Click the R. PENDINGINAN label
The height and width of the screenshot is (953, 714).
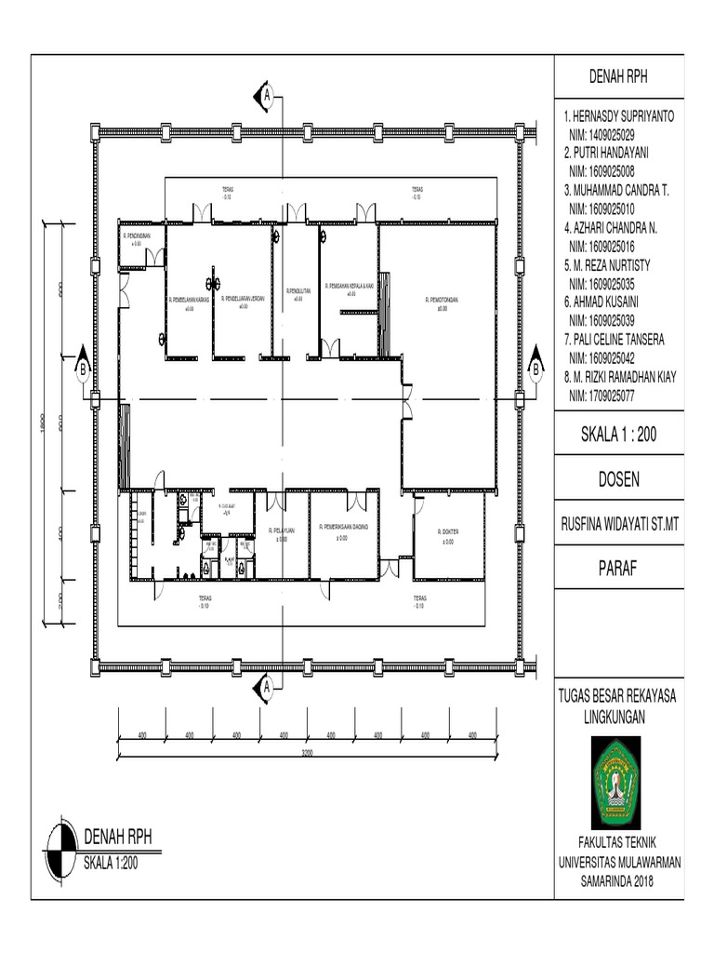(138, 236)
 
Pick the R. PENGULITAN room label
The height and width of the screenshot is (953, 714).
(297, 291)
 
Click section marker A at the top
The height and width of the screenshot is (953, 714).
(267, 95)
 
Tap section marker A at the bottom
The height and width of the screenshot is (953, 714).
(267, 687)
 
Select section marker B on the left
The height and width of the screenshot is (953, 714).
(83, 369)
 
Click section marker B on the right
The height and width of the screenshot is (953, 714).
(535, 369)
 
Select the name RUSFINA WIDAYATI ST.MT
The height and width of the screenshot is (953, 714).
(618, 525)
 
